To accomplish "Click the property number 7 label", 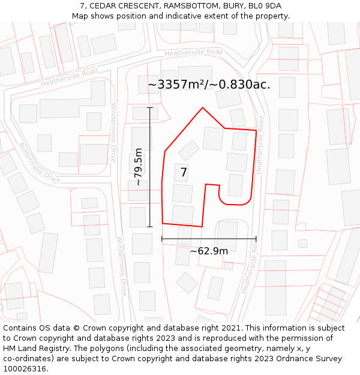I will click(x=184, y=173).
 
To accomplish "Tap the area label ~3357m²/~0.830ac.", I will click(x=209, y=85).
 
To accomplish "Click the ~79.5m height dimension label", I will click(x=139, y=167).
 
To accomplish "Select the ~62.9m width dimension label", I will click(x=209, y=251).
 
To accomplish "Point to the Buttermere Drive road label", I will click(x=40, y=163).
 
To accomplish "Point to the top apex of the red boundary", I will click(x=203, y=108).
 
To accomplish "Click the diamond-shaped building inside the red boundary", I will click(x=189, y=150).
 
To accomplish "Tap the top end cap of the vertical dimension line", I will click(x=150, y=107).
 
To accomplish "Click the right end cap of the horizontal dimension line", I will click(x=256, y=239).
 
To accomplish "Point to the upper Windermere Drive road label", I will click(x=113, y=132).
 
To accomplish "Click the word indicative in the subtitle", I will click(x=184, y=16).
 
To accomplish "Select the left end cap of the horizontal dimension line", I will click(x=162, y=239).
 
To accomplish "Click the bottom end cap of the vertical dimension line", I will click(x=150, y=227).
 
